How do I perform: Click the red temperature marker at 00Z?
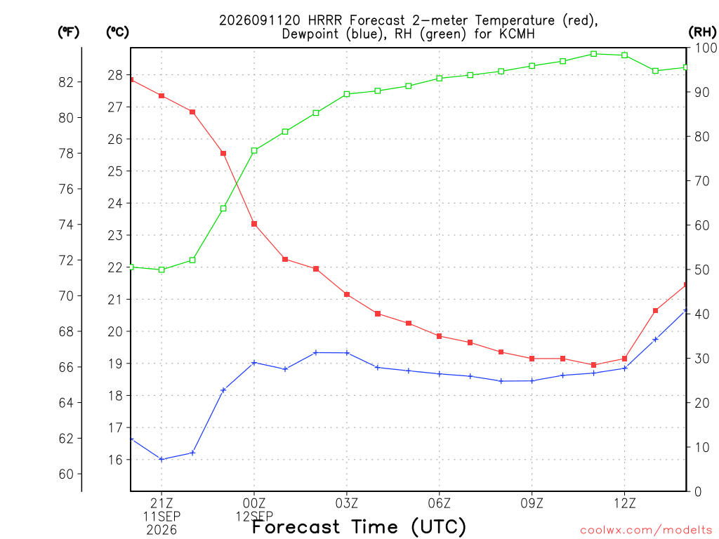[254, 224]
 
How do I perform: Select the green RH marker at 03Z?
[347, 94]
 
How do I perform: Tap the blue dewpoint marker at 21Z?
[161, 459]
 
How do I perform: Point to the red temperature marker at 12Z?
[624, 359]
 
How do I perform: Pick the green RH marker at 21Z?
[161, 269]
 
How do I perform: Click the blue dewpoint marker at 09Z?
[532, 381]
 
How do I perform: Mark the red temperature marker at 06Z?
[440, 336]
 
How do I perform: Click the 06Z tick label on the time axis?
[440, 504]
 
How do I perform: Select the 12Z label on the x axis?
[624, 504]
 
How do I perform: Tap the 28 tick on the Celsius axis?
[115, 75]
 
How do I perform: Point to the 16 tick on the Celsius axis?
[115, 460]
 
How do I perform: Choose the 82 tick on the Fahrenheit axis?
[66, 82]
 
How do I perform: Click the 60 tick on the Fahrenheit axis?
[66, 474]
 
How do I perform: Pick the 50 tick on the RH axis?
[701, 269]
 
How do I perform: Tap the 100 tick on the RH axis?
[706, 48]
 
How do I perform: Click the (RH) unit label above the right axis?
[702, 32]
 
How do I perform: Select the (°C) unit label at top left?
[117, 32]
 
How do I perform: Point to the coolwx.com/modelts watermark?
[646, 530]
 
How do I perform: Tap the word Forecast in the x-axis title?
[296, 527]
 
